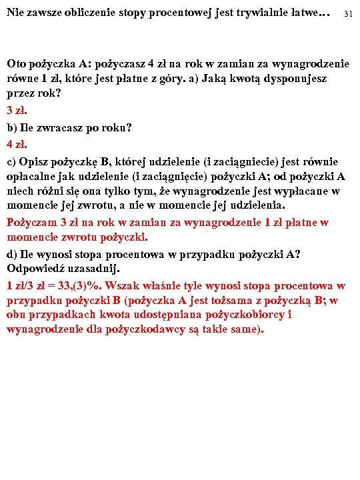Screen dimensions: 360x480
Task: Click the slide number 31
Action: pos(348,14)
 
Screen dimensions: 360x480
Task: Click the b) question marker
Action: pos(12,127)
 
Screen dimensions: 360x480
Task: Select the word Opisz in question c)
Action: pos(35,161)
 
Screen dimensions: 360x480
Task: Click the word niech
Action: pos(19,192)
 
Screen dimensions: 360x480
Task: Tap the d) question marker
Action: pos(12,253)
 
